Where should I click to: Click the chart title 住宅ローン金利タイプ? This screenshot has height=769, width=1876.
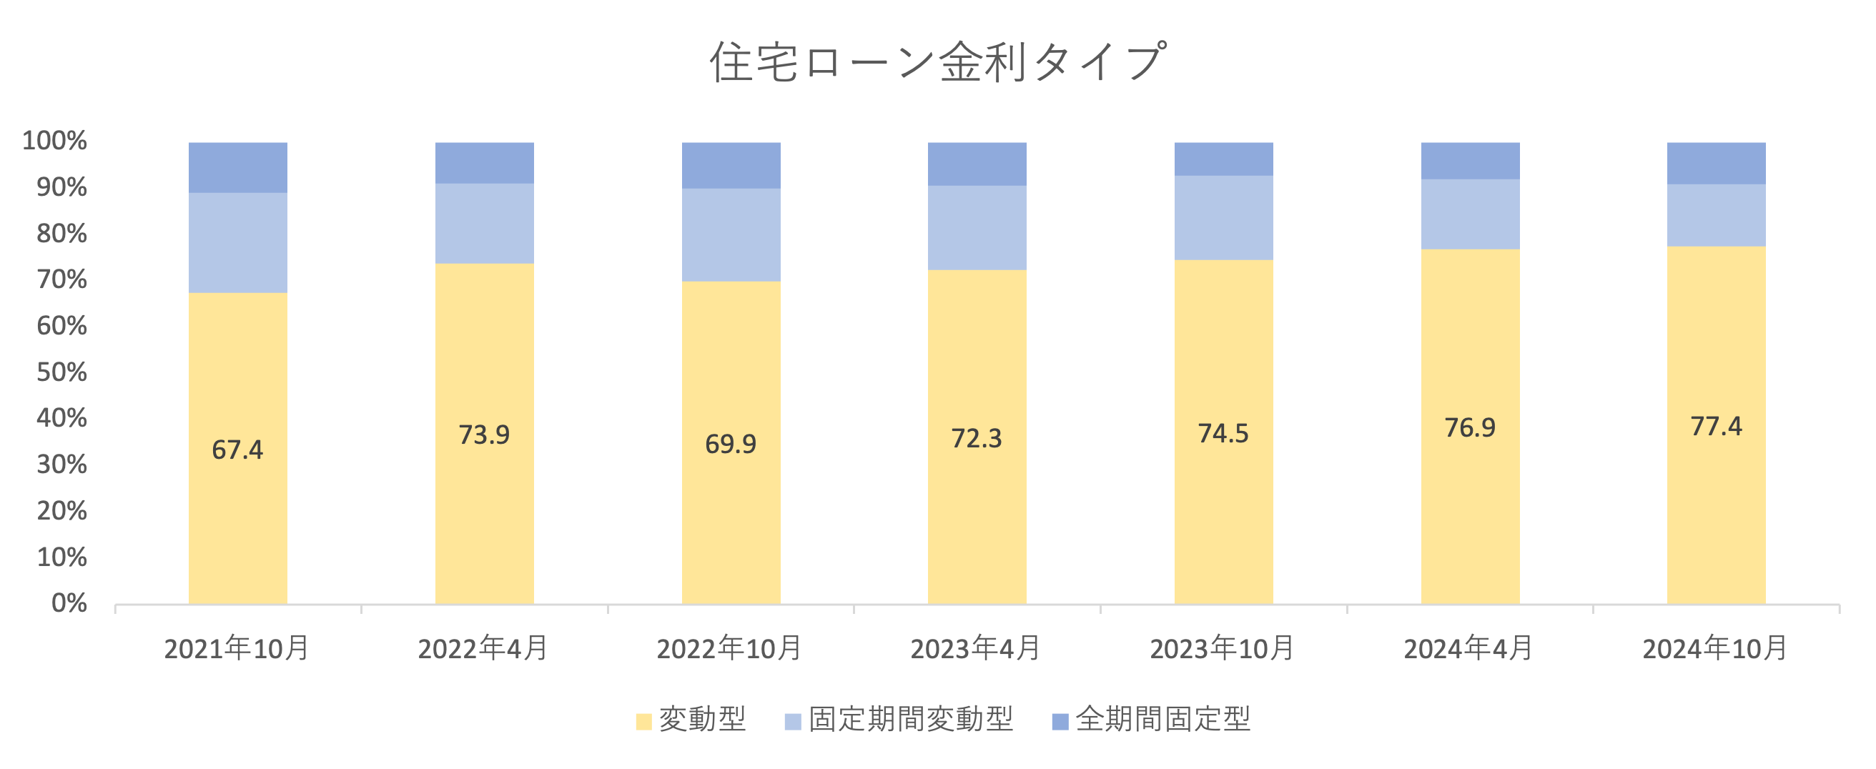(x=938, y=61)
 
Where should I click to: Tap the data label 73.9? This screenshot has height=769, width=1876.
(x=483, y=435)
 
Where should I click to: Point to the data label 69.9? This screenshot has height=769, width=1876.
(x=731, y=444)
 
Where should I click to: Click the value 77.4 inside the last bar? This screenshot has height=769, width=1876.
(x=1716, y=426)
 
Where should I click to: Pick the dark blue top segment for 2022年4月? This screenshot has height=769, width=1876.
(x=484, y=162)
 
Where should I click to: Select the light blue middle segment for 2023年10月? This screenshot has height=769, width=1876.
(x=1223, y=217)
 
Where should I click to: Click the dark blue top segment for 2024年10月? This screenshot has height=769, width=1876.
(x=1716, y=163)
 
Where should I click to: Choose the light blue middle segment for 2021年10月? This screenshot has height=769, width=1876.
(x=237, y=242)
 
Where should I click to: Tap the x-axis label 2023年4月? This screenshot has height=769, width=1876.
(x=976, y=648)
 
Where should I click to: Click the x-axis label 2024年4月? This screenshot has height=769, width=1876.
(x=1469, y=648)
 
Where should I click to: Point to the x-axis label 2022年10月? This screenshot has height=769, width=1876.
(x=730, y=648)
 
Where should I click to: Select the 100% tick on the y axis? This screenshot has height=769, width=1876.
(x=54, y=141)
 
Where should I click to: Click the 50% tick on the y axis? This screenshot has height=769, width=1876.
(x=62, y=372)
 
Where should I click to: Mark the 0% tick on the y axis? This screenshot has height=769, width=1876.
(x=69, y=603)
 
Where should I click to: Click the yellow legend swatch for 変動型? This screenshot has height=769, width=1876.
(x=643, y=721)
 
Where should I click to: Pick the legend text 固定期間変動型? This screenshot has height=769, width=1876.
(x=910, y=720)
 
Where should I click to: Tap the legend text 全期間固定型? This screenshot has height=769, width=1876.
(x=1163, y=720)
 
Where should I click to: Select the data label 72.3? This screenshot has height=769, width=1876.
(x=977, y=438)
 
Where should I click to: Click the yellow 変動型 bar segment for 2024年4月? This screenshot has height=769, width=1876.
(x=1470, y=510)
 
